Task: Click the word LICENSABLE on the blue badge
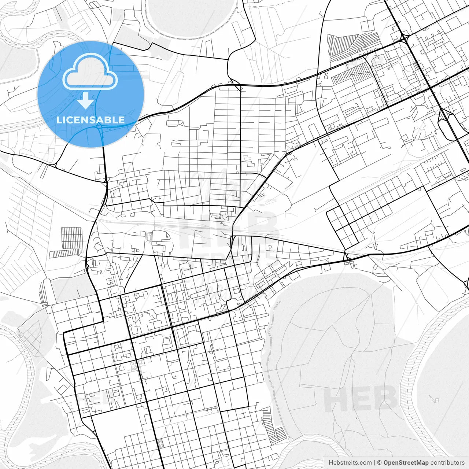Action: click(x=90, y=120)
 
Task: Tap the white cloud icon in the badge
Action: click(x=90, y=71)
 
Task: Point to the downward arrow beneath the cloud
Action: click(x=86, y=100)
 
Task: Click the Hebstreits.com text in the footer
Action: click(x=350, y=463)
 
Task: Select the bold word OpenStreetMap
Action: click(x=406, y=463)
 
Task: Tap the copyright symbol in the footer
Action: click(x=380, y=463)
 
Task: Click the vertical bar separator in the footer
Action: click(x=374, y=463)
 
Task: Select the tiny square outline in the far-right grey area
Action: click(x=436, y=400)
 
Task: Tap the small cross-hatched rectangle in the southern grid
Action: click(x=160, y=443)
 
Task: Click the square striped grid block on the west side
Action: click(x=72, y=237)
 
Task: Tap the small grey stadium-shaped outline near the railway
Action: click(x=148, y=239)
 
